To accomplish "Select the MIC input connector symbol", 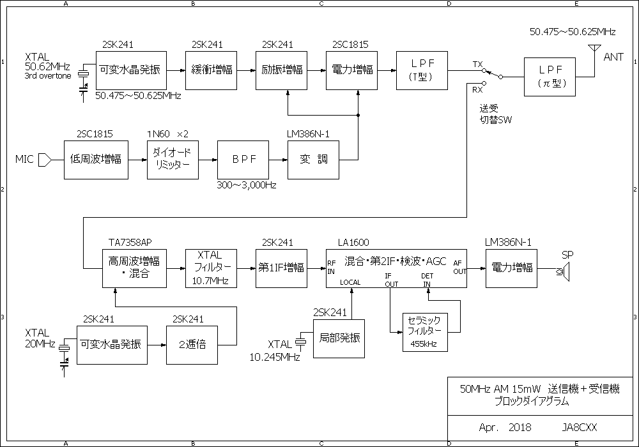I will [x=44, y=158].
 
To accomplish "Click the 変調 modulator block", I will [x=313, y=159].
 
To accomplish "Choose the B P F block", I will [x=243, y=159].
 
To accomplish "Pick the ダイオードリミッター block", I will [x=173, y=159].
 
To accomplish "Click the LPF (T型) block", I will [x=422, y=70].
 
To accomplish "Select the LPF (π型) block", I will [x=550, y=77].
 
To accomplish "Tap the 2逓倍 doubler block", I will [x=192, y=345].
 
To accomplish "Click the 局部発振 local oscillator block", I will [x=339, y=338].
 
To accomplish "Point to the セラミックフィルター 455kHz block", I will [x=425, y=332].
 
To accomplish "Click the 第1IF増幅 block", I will [x=281, y=268].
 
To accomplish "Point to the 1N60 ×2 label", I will [x=168, y=133].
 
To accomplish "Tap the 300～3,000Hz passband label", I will [x=247, y=185].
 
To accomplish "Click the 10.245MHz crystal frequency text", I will [x=275, y=358].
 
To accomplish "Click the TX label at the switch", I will [x=478, y=65].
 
